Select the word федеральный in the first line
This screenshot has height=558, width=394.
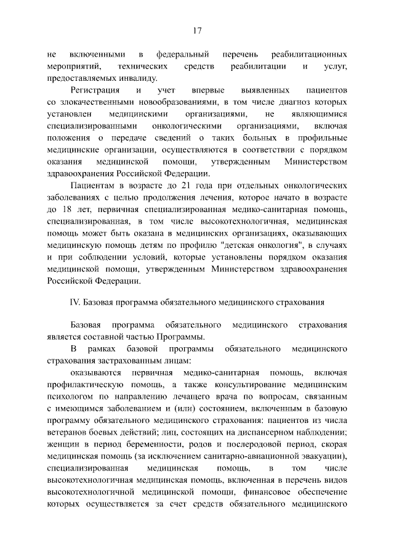click(183, 55)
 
